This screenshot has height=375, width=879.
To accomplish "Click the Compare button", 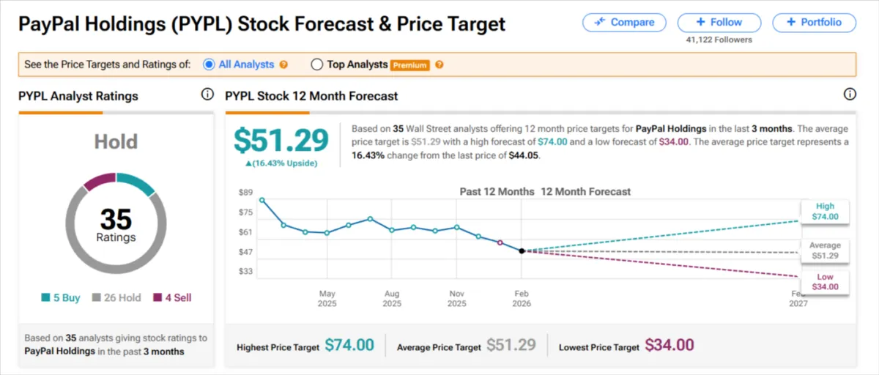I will click(x=624, y=22).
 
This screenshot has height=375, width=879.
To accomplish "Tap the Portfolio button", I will click(x=815, y=22).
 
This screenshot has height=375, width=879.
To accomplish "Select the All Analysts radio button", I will click(x=209, y=64).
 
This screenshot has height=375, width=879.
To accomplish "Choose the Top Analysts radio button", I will click(x=317, y=64).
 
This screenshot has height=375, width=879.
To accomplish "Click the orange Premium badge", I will click(x=409, y=65).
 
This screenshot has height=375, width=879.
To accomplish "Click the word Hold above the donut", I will click(x=116, y=141).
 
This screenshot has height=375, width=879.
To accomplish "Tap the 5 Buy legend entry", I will click(x=62, y=298).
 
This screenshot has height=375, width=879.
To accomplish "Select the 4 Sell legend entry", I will click(x=172, y=298).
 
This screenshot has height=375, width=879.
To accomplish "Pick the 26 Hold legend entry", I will click(x=116, y=298).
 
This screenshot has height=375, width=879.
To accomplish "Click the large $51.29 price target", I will click(x=281, y=141).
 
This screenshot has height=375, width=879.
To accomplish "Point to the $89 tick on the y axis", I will click(x=245, y=193).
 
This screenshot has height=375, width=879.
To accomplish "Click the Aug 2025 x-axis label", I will click(x=392, y=298).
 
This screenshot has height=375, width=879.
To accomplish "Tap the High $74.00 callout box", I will click(x=825, y=212).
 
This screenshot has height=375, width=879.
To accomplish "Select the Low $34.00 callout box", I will click(x=825, y=282).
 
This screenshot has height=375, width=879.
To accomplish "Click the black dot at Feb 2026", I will click(x=522, y=250).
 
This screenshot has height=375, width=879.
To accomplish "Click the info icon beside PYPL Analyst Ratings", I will click(x=207, y=95).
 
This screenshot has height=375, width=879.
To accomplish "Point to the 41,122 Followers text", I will click(x=719, y=40).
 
